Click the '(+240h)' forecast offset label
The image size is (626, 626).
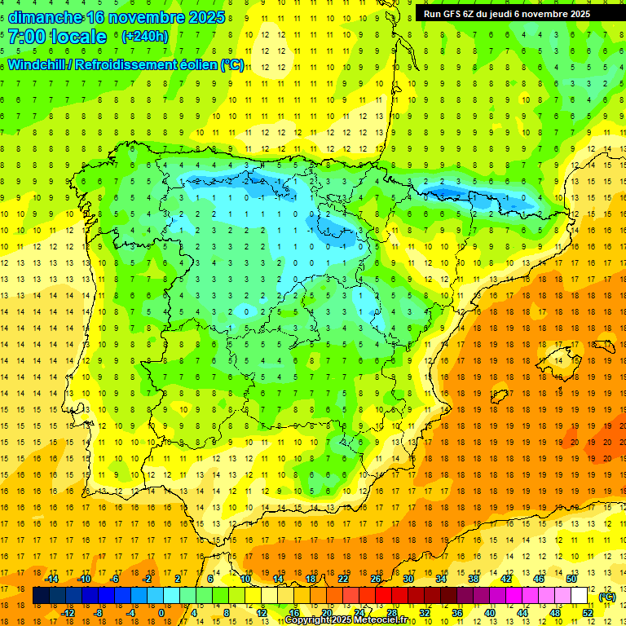(144, 37)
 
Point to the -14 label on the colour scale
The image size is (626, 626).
(51, 579)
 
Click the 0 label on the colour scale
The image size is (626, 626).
(161, 613)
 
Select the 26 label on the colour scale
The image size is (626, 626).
(376, 579)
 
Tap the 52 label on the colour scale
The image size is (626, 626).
(588, 613)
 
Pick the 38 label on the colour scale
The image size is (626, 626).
(473, 579)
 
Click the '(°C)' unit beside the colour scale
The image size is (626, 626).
(606, 597)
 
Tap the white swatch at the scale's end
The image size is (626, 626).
(580, 596)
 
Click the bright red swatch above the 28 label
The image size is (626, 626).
(391, 596)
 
